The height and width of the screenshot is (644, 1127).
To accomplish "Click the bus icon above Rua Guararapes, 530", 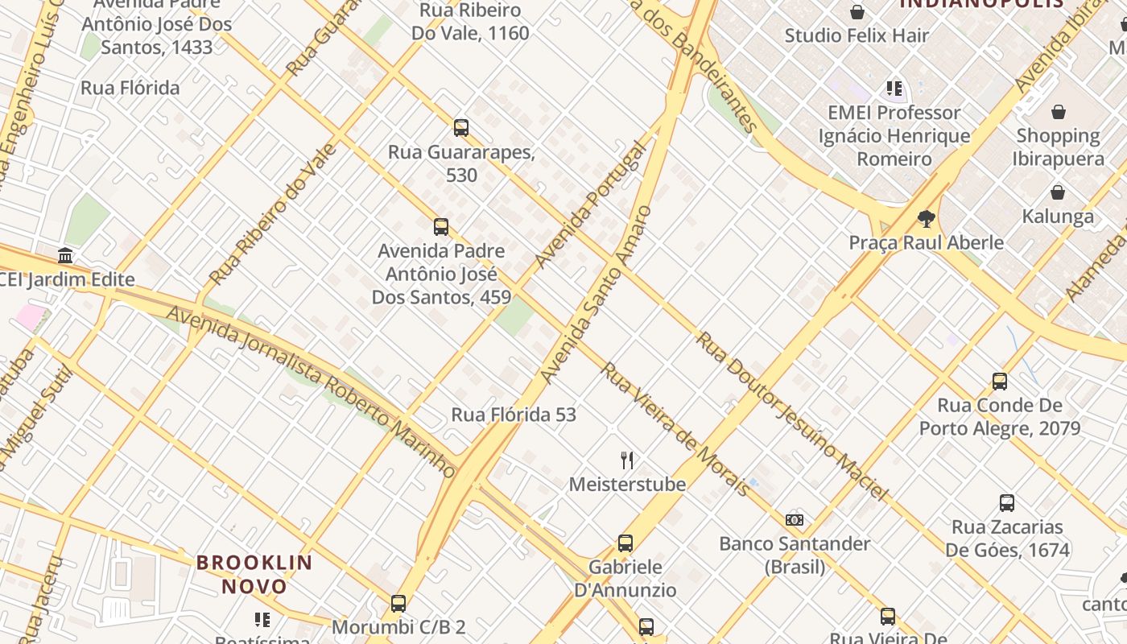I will coord(461,127).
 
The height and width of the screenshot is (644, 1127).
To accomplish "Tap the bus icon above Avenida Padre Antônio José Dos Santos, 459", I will coord(441,226).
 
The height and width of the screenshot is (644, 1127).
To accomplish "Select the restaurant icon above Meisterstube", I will coord(627,460).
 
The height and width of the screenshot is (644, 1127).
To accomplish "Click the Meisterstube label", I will coord(627,484).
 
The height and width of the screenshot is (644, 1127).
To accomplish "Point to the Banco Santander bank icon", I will coord(795,519).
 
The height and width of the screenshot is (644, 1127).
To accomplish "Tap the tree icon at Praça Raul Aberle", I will coord(927,218).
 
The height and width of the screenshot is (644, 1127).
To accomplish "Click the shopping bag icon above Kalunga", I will coord(1058,192).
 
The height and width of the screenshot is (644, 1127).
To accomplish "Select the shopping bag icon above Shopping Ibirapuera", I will coord(1058,112).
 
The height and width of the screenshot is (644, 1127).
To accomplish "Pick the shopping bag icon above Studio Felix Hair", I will coord(857,12).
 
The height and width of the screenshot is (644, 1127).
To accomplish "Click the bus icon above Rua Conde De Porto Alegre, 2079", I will coord(1000,381).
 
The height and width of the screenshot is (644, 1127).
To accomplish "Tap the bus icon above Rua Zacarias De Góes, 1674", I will coord(1006,503).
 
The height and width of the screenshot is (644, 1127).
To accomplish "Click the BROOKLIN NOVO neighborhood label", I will coord(254,574).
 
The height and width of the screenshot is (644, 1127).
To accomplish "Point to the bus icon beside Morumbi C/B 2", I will coord(398,603).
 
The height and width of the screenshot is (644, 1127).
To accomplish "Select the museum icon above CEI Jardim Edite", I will coord(65,256).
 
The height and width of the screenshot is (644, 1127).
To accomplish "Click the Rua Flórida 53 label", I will coord(514,415).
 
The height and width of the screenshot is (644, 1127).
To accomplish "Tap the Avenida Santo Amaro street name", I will coord(596,295).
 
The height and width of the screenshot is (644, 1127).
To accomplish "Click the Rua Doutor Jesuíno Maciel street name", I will coord(792,415).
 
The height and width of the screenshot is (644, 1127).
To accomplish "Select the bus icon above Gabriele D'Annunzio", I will coord(625,543).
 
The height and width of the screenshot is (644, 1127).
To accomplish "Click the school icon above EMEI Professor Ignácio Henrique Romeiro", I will coord(894,89).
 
